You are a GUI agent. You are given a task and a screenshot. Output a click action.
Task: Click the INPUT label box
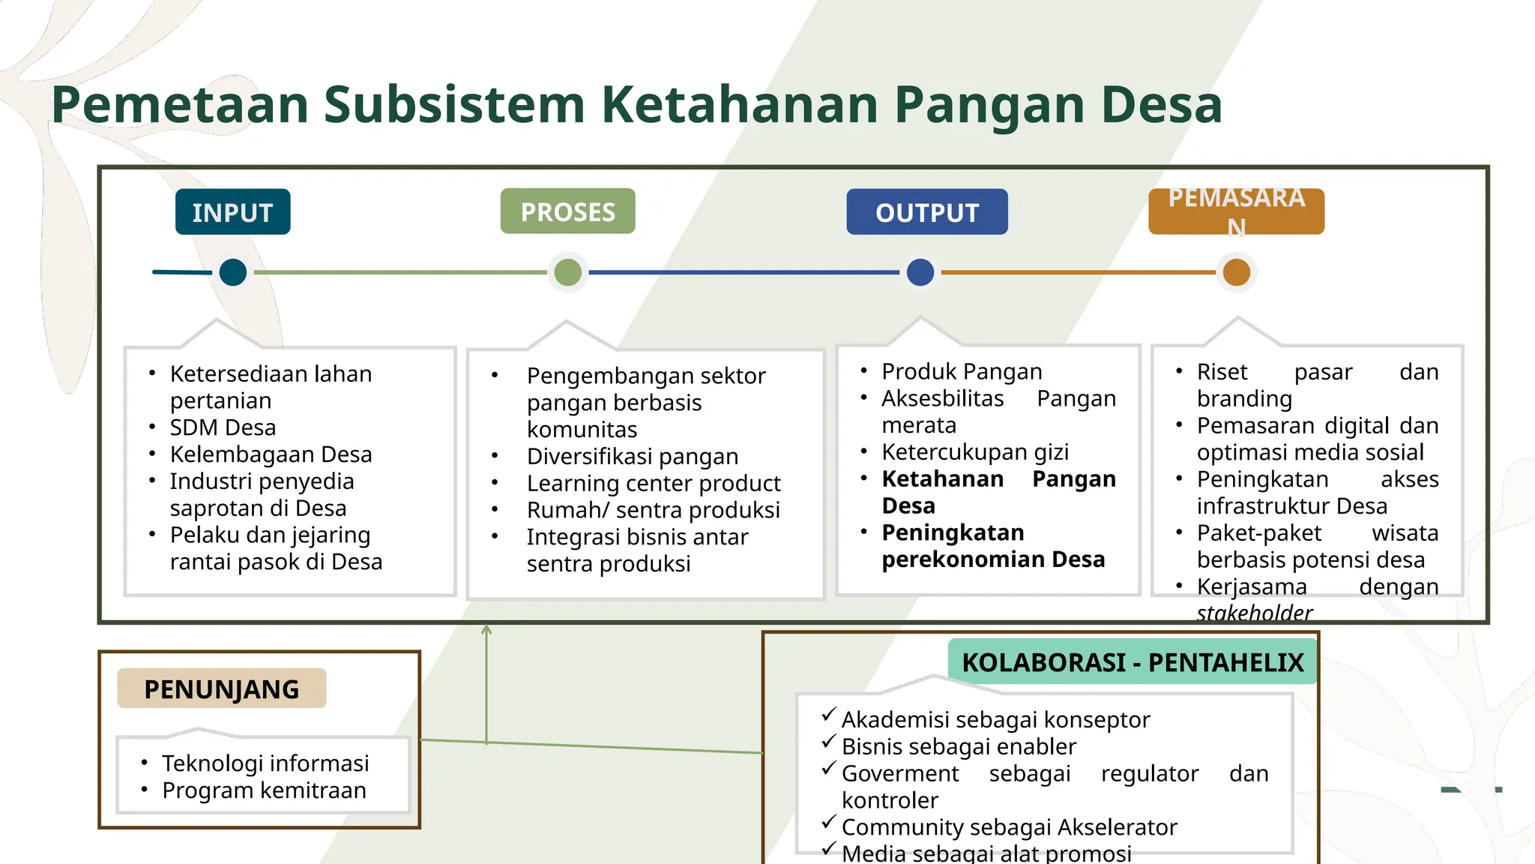[232, 212]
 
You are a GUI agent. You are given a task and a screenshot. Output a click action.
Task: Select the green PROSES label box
[567, 211]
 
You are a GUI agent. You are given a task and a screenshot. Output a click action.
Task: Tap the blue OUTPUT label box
[926, 212]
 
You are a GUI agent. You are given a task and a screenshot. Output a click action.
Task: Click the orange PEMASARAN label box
[1236, 212]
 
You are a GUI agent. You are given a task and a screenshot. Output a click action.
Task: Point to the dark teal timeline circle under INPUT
[233, 272]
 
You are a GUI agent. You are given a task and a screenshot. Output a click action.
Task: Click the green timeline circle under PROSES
[568, 272]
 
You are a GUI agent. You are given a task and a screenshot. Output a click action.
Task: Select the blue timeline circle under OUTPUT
[920, 272]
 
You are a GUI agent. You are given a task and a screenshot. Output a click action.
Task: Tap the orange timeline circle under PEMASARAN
[1237, 272]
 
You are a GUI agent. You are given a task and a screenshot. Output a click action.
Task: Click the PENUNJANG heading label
[222, 688]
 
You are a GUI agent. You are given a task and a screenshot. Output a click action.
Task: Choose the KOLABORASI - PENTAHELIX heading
[1133, 662]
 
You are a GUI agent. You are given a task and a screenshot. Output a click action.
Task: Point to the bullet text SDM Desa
[223, 427]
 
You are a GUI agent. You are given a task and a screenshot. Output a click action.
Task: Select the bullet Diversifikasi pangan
[632, 456]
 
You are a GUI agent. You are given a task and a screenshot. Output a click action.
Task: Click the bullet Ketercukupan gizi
[974, 452]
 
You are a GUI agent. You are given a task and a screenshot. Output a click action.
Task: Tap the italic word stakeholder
[1254, 613]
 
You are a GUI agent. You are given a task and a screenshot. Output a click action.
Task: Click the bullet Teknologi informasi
[265, 763]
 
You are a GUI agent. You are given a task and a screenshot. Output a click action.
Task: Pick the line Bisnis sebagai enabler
[958, 747]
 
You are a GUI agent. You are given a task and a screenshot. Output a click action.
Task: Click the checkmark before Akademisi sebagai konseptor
[828, 715]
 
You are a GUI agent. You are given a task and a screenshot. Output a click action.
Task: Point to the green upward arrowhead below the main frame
[486, 631]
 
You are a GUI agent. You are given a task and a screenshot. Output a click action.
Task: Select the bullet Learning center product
[653, 483]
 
